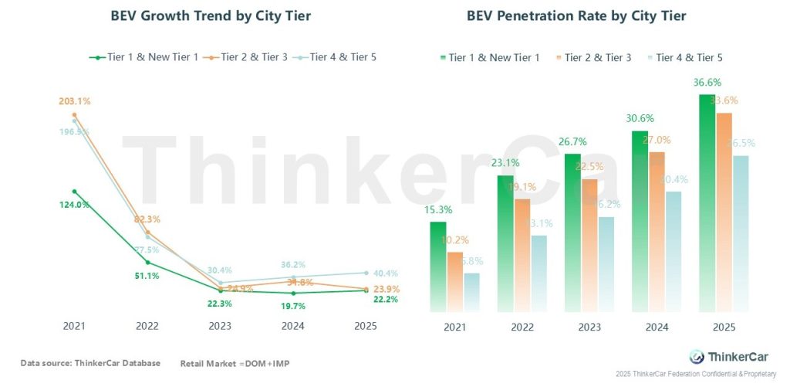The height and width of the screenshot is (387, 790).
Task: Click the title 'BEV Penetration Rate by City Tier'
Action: pos(576,16)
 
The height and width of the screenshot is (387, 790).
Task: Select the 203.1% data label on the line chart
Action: pos(74,100)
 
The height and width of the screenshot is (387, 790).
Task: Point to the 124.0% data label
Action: pos(74,205)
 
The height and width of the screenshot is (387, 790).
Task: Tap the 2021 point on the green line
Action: pos(75,191)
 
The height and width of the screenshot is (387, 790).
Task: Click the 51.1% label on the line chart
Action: pos(147,276)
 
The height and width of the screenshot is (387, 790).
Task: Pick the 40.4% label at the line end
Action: pos(385,273)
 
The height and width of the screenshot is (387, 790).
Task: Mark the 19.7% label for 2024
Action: pos(293,307)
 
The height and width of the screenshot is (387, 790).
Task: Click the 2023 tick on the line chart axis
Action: pos(221,327)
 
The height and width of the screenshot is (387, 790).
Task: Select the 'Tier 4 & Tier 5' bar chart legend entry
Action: pos(684,57)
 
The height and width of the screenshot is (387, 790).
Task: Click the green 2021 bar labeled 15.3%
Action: pos(438,266)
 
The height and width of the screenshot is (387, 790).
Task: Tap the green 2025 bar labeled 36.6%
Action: pos(707,205)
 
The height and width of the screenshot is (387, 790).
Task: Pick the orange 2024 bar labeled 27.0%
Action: pos(656,232)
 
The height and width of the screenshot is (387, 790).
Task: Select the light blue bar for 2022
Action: pos(538,274)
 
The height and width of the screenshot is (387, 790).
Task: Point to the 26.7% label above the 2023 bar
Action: pos(573,141)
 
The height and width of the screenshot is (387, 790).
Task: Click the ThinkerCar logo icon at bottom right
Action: pos(697,356)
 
